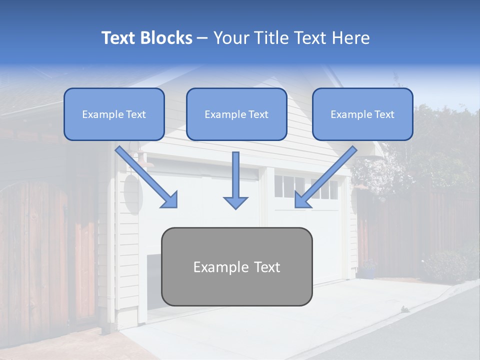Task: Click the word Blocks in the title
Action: [167, 38]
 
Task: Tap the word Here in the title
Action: [351, 38]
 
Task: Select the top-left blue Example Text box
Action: [114, 114]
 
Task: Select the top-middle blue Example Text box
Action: [236, 114]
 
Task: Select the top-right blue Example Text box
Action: [362, 114]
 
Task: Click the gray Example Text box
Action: [236, 267]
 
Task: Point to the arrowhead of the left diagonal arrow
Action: [169, 199]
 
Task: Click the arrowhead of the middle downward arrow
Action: [235, 202]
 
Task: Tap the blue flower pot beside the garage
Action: [368, 272]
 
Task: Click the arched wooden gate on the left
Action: [35, 250]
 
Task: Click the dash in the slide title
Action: [202, 38]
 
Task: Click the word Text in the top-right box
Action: [384, 114]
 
